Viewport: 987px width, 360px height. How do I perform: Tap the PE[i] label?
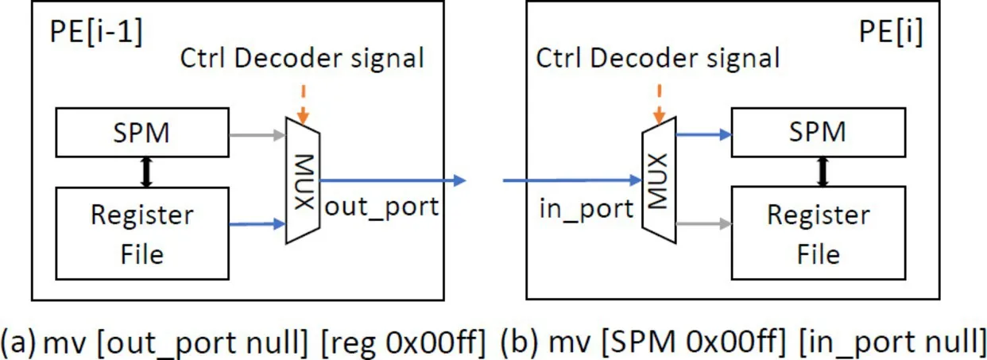pos(891,36)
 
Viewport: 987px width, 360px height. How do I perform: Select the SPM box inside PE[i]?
pos(818,132)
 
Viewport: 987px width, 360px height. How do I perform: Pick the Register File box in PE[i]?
pos(818,234)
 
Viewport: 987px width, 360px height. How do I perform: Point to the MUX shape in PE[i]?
pos(658,180)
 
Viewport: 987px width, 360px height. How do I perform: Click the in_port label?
pos(586,210)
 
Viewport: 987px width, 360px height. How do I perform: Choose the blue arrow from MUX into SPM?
pos(702,134)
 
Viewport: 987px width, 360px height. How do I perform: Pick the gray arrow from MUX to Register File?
pos(702,225)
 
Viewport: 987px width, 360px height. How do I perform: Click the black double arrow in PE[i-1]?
pos(145,171)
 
